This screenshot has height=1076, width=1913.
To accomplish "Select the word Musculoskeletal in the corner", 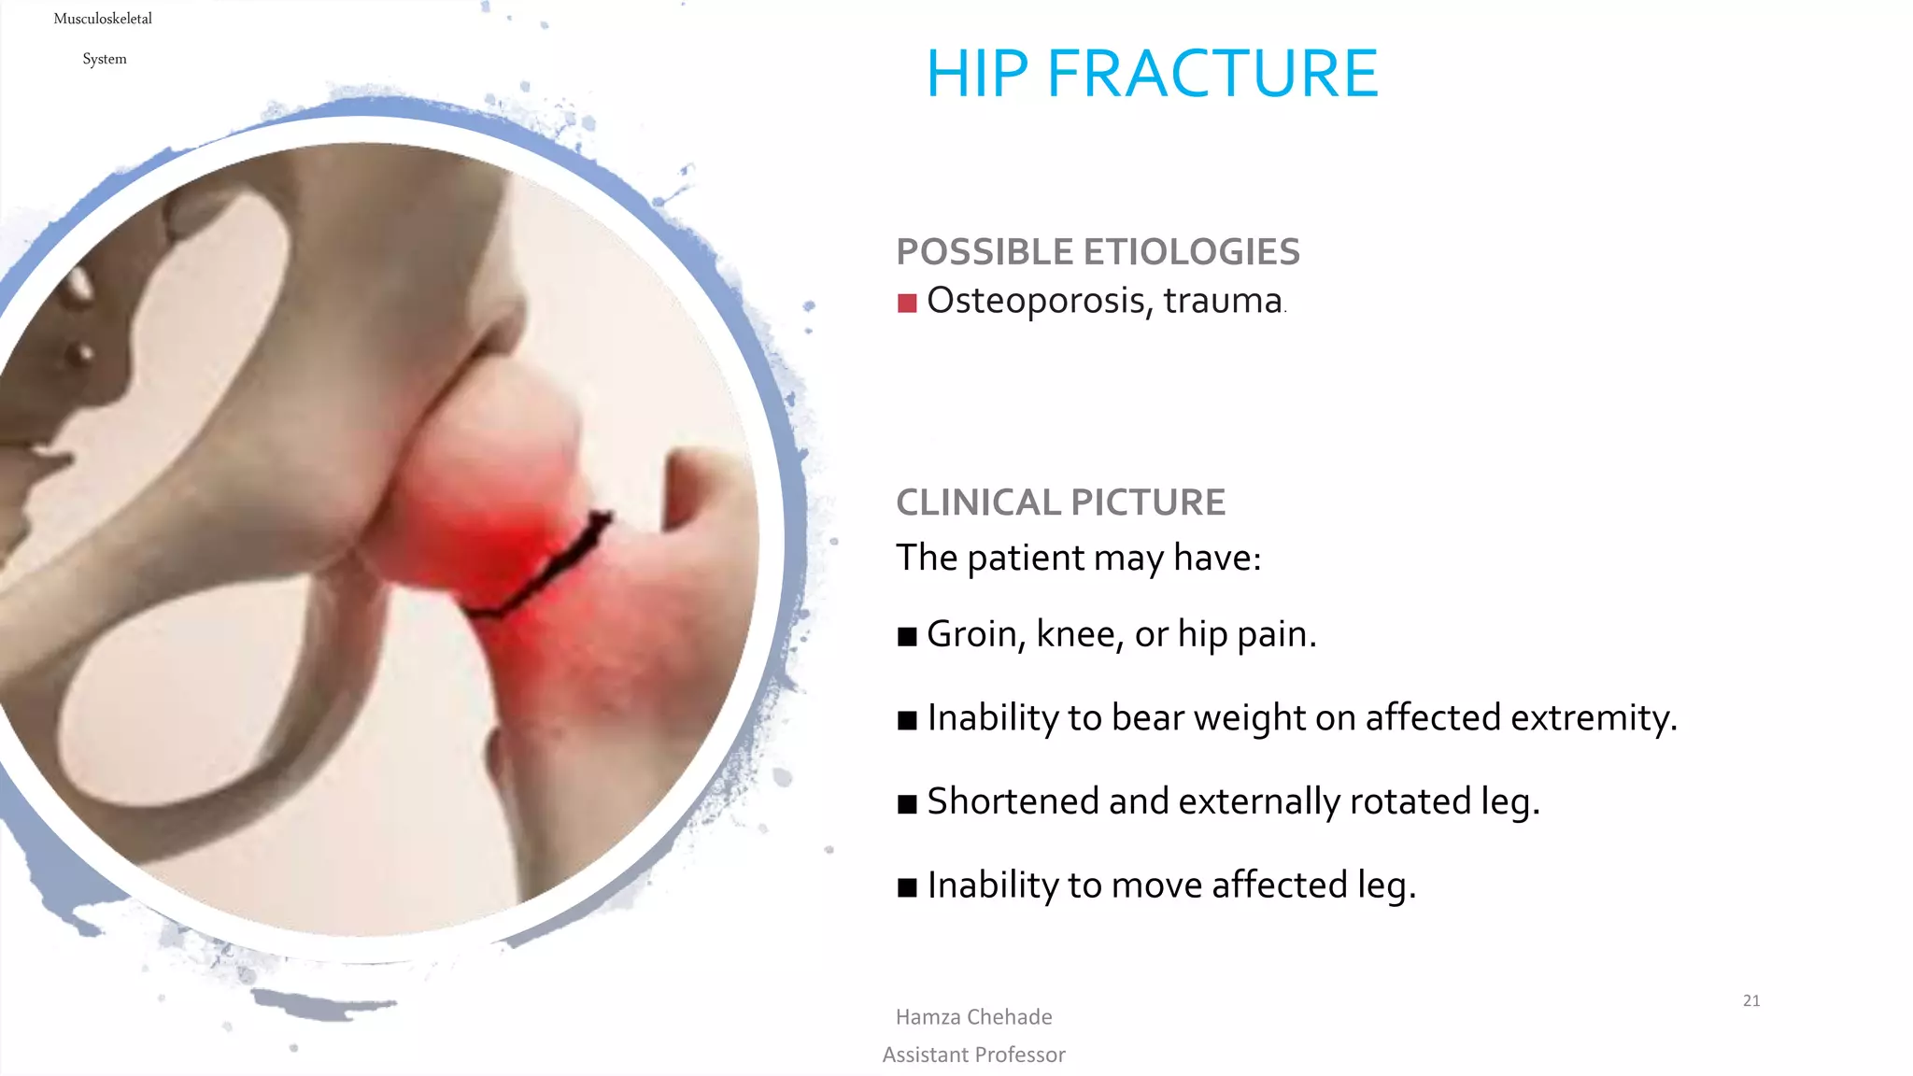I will click(x=103, y=19).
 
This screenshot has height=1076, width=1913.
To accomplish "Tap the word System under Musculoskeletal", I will click(x=105, y=59).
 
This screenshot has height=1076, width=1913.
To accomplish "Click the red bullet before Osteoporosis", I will click(x=906, y=303).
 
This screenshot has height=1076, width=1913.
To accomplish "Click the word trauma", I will click(x=1223, y=301).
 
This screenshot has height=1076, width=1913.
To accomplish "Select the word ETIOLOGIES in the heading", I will click(x=1191, y=252).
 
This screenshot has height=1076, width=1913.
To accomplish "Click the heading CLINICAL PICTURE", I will click(x=1060, y=503).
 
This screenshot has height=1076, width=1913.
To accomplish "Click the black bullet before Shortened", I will click(x=906, y=804).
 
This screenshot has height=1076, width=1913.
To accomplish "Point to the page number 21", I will click(x=1751, y=1000).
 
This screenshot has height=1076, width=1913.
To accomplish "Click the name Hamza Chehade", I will click(x=973, y=1017).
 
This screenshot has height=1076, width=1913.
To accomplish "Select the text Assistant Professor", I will click(x=973, y=1055).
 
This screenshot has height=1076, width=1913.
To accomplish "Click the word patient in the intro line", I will click(x=1025, y=558).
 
